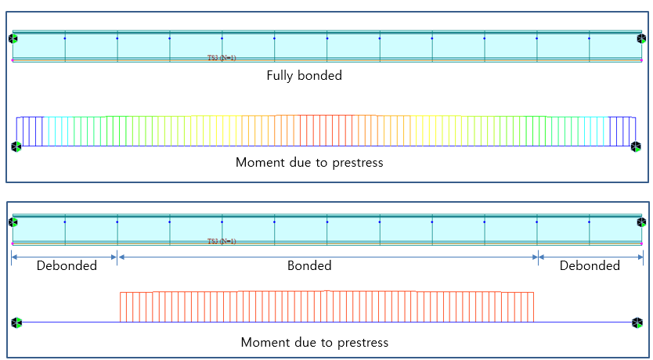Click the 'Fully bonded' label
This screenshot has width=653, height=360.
coord(304,76)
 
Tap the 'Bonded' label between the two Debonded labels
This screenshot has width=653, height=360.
coord(309,265)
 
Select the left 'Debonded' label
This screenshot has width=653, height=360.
coord(67,265)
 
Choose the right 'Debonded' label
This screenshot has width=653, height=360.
coord(590,265)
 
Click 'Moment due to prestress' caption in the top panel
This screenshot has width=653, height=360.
coord(308,164)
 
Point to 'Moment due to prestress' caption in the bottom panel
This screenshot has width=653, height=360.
coord(314,343)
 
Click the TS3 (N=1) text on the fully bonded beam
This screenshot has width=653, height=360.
coord(222,57)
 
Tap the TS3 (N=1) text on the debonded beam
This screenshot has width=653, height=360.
coord(222,241)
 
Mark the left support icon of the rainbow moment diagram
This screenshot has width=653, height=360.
coord(16,146)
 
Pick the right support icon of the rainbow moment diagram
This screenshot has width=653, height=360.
coord(637,146)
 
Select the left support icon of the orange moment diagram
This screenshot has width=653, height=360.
coord(16,322)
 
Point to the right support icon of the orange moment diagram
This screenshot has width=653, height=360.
coord(637,322)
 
